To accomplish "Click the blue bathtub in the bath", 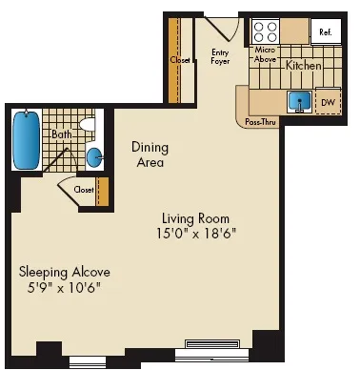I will point(27,140).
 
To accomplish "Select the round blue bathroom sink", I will point(95,157).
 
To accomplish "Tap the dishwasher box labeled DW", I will point(328,101).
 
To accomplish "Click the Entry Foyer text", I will point(220,56).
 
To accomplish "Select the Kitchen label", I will point(304,66).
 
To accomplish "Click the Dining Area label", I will point(150,154).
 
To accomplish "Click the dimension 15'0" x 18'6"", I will point(196,233).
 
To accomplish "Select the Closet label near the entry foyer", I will point(180,59).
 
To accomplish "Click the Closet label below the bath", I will point(84,190).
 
